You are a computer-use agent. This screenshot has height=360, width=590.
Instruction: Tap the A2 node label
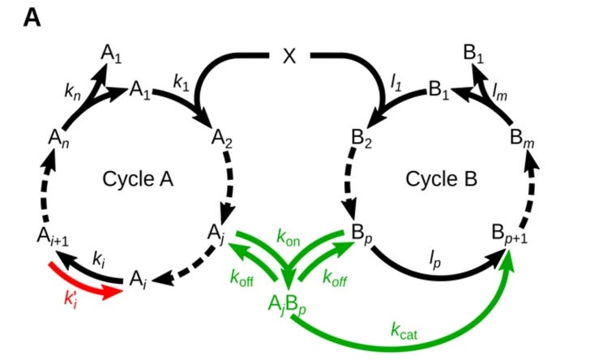click(223, 139)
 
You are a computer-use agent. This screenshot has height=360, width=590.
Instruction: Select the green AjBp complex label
click(289, 306)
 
